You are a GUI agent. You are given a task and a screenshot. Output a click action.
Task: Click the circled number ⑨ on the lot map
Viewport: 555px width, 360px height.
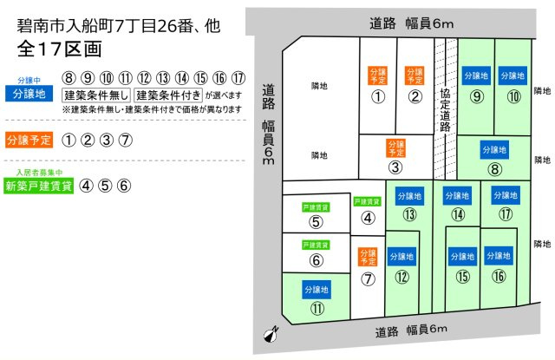pyautogui.click(x=476, y=96)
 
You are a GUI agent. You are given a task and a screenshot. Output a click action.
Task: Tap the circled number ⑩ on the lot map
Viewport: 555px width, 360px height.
pyautogui.click(x=513, y=96)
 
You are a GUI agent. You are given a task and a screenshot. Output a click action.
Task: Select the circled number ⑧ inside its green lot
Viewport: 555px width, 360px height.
pyautogui.click(x=494, y=170)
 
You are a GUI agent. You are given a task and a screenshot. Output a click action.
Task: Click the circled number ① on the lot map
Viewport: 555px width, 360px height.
pyautogui.click(x=377, y=96)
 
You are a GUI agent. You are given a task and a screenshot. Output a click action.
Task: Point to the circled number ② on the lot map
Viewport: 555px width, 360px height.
pyautogui.click(x=415, y=96)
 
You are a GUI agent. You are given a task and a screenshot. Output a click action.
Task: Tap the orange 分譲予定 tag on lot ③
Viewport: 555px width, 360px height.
pyautogui.click(x=395, y=148)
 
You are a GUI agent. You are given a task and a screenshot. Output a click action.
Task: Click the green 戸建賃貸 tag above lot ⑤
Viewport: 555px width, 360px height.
pyautogui.click(x=315, y=207)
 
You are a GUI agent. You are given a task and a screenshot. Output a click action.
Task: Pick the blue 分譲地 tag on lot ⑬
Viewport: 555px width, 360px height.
pyautogui.click(x=408, y=195)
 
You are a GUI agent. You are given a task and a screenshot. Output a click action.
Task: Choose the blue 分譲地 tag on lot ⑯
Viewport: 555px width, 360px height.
pyautogui.click(x=498, y=257)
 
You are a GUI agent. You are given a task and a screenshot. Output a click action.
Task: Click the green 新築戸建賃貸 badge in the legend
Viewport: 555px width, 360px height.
pyautogui.click(x=38, y=185)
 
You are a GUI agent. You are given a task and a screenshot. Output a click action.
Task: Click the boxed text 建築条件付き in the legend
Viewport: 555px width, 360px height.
pyautogui.click(x=168, y=95)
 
